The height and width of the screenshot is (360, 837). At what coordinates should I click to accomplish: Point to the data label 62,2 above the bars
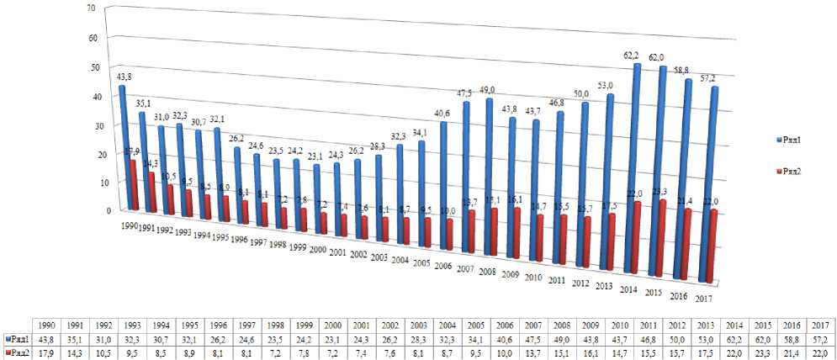pos(632,54)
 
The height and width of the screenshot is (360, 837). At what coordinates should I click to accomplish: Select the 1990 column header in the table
pos(47,326)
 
